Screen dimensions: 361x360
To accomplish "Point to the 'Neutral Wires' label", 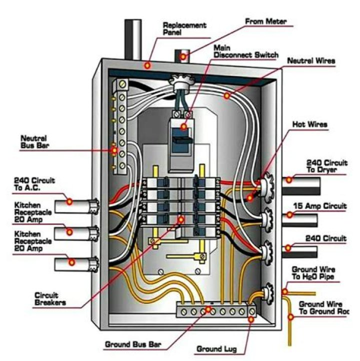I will click(310, 61).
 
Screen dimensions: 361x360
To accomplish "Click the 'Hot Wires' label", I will click(311, 124).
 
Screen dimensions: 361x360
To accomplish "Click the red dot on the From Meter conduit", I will click(183, 56).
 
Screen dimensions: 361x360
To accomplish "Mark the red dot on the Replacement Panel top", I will click(147, 65).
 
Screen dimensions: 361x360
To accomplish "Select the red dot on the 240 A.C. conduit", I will click(69, 201).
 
